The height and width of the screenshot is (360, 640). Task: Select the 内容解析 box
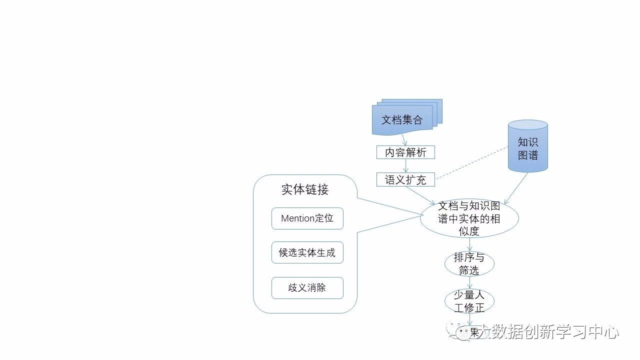tap(405, 152)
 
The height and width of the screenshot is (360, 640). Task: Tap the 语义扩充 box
tap(405, 179)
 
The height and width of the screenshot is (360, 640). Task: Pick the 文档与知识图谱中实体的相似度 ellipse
tap(469, 218)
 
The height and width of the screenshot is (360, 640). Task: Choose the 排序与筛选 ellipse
tap(469, 264)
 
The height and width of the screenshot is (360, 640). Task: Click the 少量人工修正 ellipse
tap(469, 301)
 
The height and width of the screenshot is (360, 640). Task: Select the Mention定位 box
tap(307, 218)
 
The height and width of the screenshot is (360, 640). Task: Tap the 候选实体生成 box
tap(307, 253)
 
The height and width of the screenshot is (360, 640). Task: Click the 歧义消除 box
tap(307, 288)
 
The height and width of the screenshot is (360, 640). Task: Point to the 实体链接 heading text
tap(304, 190)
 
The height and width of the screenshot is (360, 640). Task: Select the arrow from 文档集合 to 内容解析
tap(405, 140)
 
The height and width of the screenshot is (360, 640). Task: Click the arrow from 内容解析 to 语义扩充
tap(405, 166)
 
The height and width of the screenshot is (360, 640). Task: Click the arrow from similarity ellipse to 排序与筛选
tap(469, 244)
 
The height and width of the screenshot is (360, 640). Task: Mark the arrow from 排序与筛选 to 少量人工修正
tap(469, 282)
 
